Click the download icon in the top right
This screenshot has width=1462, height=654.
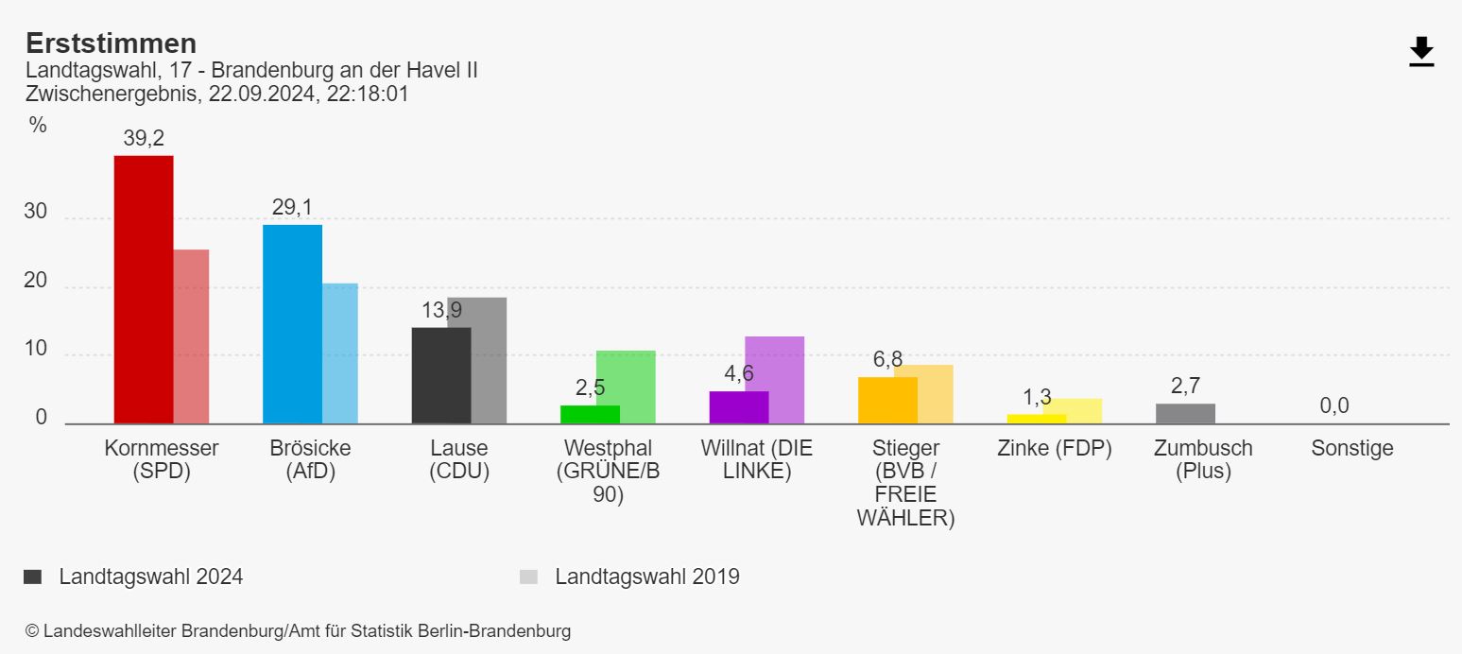[1421, 52]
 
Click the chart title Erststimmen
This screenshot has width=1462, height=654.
[112, 43]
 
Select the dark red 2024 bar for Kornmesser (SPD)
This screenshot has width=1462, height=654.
[144, 289]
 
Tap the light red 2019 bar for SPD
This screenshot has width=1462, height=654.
[192, 336]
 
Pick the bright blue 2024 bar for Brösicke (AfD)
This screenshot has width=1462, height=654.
[292, 324]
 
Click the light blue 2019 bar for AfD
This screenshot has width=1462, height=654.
[340, 353]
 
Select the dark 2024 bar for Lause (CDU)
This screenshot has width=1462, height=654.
[441, 375]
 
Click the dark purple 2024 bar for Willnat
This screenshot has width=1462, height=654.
[739, 407]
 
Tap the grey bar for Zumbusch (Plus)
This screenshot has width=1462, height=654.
[1185, 414]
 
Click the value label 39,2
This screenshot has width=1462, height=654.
[144, 139]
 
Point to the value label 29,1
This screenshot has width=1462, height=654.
[292, 208]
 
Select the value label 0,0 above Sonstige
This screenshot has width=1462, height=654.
[1334, 406]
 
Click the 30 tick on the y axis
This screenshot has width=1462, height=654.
[36, 213]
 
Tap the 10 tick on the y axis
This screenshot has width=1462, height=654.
[36, 349]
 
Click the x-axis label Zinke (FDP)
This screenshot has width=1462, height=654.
[1054, 449]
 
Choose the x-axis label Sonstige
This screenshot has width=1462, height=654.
[1351, 449]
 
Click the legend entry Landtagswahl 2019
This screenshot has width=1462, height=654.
[646, 577]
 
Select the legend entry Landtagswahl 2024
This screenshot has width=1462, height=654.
[150, 577]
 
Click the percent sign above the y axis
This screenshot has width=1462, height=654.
[38, 125]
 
